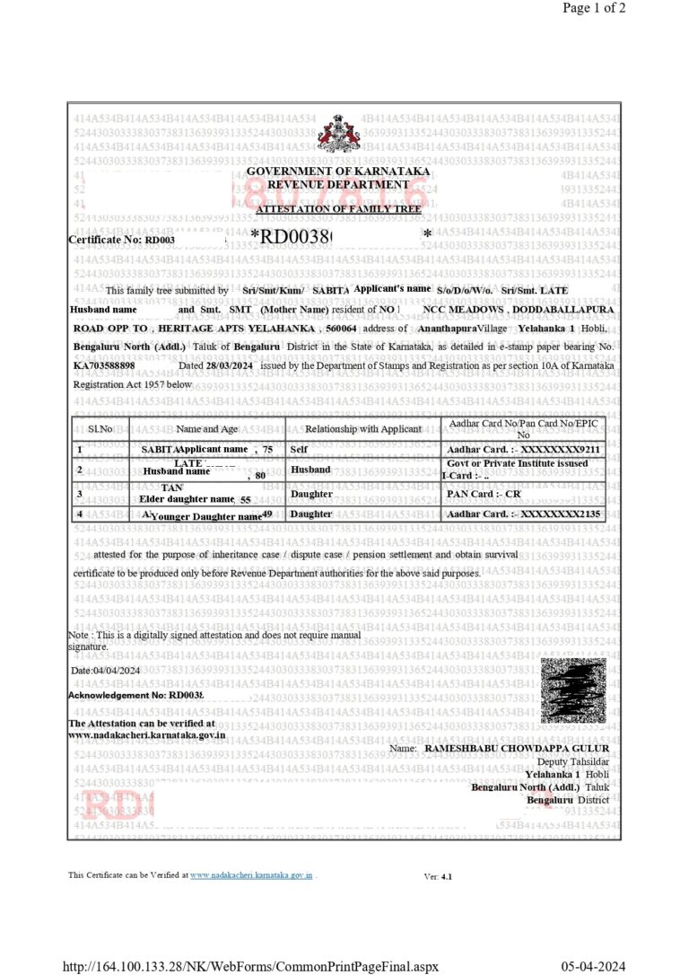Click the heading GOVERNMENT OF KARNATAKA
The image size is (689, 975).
[338, 171]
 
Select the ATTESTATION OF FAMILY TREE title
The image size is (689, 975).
[338, 209]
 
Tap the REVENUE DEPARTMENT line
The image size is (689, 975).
[338, 184]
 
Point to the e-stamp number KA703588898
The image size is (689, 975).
[104, 366]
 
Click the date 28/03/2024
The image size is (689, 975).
[228, 366]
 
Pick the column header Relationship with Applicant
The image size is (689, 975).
[362, 429]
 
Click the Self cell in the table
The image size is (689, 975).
[300, 448]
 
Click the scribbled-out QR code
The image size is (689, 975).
[572, 690]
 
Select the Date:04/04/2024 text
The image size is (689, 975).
[106, 671]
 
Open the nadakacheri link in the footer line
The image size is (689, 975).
[250, 874]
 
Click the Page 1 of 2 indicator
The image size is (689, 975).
[594, 8]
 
